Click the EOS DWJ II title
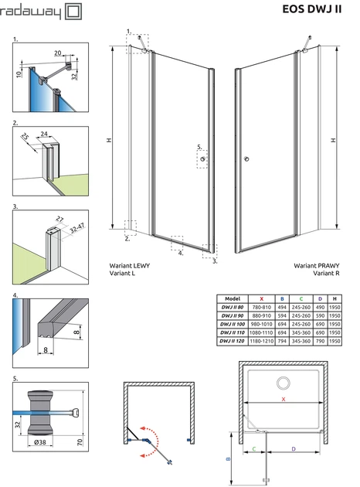click(x=311, y=9)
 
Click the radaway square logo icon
click(x=74, y=12)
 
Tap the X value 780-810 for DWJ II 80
click(x=262, y=307)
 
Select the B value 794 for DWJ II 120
click(x=282, y=341)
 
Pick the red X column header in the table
click(x=262, y=299)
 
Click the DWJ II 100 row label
click(x=233, y=324)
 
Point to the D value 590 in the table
click(x=320, y=315)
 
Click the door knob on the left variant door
click(x=202, y=159)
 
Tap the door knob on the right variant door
click(x=246, y=159)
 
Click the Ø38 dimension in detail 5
click(x=40, y=441)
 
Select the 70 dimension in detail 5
click(x=80, y=441)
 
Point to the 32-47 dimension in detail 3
click(x=77, y=228)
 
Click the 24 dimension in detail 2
click(x=44, y=134)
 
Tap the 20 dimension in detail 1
click(x=58, y=53)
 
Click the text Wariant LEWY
click(x=130, y=266)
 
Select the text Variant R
click(x=326, y=274)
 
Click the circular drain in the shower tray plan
click(x=284, y=383)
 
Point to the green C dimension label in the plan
click(x=254, y=449)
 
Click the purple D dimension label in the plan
click(x=294, y=449)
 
